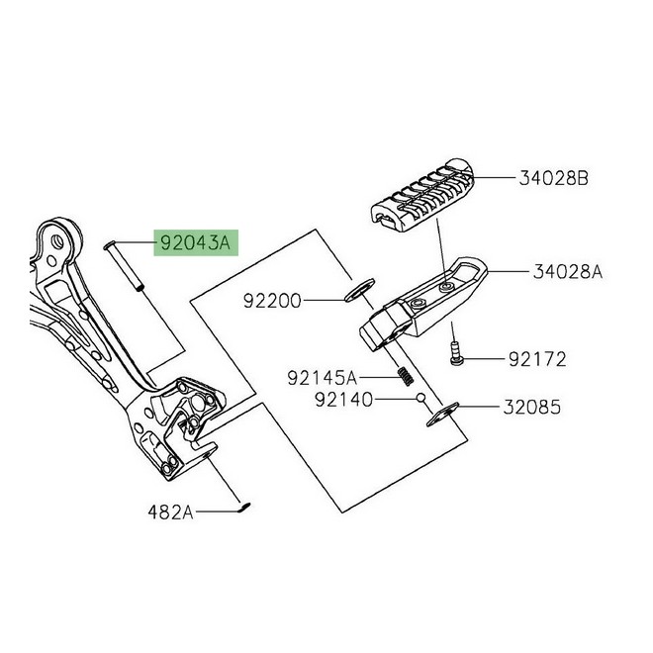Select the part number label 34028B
pyautogui.click(x=553, y=179)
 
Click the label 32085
pyautogui.click(x=536, y=407)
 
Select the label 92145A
pyautogui.click(x=323, y=377)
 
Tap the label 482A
pyautogui.click(x=170, y=513)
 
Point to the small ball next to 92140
pyautogui.click(x=420, y=399)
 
